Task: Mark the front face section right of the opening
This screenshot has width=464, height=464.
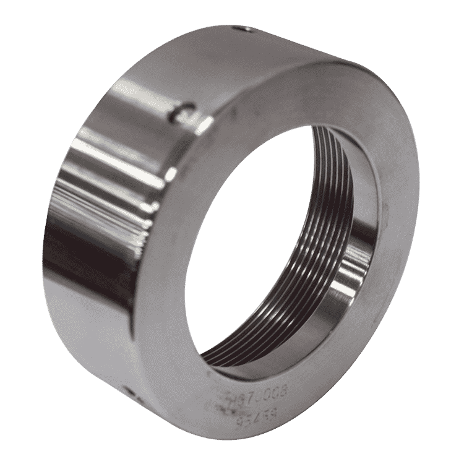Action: click(x=396, y=247)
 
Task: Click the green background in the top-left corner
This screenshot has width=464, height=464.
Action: click(x=25, y=25)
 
